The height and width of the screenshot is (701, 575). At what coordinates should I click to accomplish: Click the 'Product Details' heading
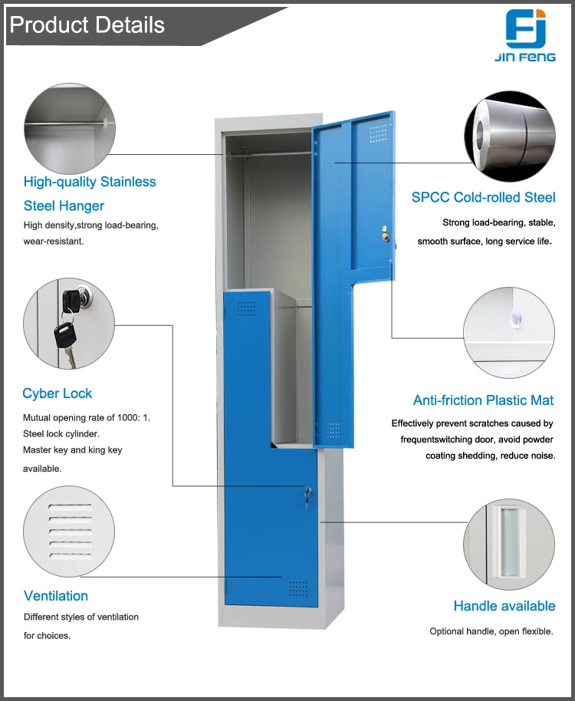(x=87, y=25)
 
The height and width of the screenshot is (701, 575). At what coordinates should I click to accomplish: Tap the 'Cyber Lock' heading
(x=57, y=393)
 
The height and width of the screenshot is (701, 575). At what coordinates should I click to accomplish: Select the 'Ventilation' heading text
(x=56, y=596)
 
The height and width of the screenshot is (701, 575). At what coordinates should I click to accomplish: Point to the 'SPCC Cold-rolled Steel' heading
(x=483, y=197)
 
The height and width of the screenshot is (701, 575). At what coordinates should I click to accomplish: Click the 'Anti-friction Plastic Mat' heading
(x=483, y=400)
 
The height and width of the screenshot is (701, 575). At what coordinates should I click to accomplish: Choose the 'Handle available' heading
(x=504, y=606)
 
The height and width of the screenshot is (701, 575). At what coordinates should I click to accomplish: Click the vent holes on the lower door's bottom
(x=297, y=588)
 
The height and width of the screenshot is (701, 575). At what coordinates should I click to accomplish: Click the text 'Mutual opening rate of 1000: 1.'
(x=87, y=418)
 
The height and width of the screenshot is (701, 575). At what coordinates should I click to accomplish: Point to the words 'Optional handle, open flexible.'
(x=491, y=631)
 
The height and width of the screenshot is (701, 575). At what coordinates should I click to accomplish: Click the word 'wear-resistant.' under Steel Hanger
(x=54, y=241)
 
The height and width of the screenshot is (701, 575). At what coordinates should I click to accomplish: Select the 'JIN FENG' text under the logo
(x=526, y=57)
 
